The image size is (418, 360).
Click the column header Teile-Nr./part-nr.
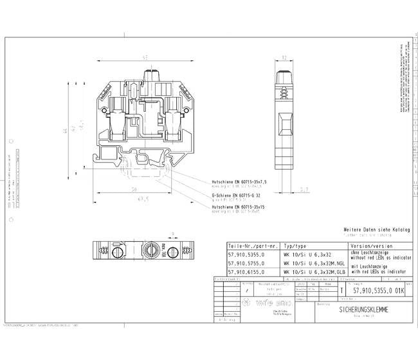[x=253, y=246]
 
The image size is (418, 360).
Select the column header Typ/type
[x=295, y=246]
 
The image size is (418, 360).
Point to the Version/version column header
[x=371, y=246]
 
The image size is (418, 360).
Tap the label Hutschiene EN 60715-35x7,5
[x=239, y=182]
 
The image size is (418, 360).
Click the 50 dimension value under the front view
[x=134, y=190]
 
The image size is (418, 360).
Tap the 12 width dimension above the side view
[x=284, y=58]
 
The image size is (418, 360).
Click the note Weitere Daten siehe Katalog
[x=376, y=230]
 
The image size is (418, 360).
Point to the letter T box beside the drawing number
[x=341, y=291]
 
